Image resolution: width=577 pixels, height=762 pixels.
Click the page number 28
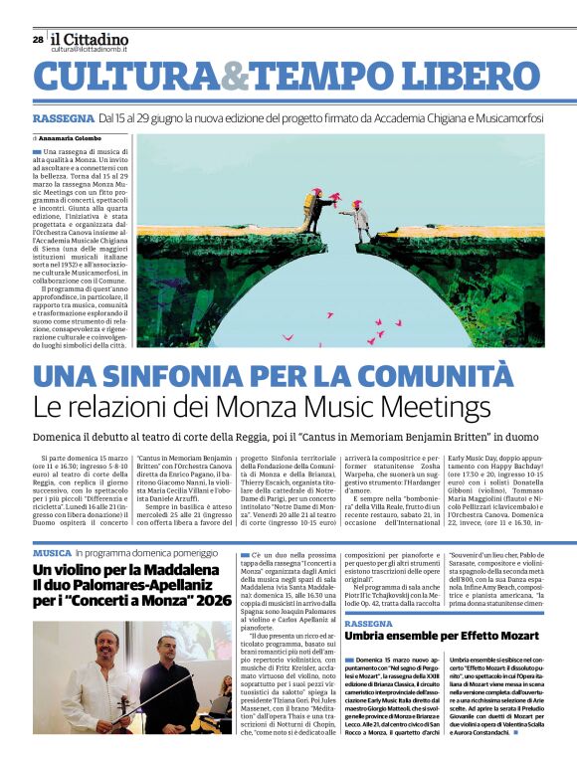38,39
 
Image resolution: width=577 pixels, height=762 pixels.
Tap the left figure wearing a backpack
315,210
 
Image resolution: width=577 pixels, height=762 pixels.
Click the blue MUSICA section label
52,551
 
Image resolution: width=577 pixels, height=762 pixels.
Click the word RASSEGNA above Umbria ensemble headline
368,623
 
